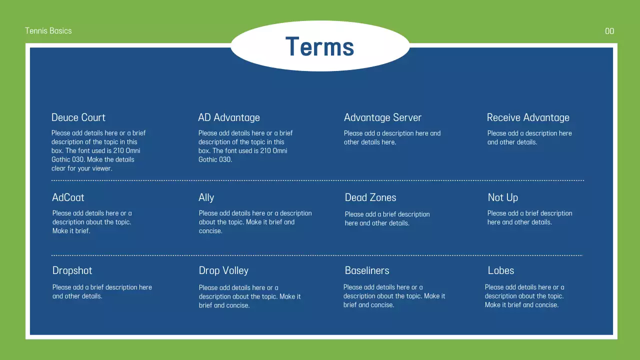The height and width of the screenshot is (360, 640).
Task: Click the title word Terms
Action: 319,46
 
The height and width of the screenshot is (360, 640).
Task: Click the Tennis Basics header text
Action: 48,31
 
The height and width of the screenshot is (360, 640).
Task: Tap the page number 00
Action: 609,31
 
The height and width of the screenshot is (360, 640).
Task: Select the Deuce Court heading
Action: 78,117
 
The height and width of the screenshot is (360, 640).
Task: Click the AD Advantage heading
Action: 229,117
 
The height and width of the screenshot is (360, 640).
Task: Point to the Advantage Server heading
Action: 382,117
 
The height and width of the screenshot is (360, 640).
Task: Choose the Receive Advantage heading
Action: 528,117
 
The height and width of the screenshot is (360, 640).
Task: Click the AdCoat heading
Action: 68,197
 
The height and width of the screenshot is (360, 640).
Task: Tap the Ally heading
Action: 206,197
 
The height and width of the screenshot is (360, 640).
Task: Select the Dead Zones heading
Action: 370,197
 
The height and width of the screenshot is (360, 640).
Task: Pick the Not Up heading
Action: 502,197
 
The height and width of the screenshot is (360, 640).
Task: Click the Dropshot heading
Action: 72,270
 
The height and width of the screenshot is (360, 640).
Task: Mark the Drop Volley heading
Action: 223,270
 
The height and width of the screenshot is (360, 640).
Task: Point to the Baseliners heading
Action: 367,270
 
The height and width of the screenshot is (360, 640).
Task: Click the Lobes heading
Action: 500,270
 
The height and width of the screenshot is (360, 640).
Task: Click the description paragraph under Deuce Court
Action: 98,150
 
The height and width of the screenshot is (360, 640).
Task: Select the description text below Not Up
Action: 529,217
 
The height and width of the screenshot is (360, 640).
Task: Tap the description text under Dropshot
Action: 102,291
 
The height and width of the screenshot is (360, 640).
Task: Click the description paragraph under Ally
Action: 255,222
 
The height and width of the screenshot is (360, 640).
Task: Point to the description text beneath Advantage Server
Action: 392,137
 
